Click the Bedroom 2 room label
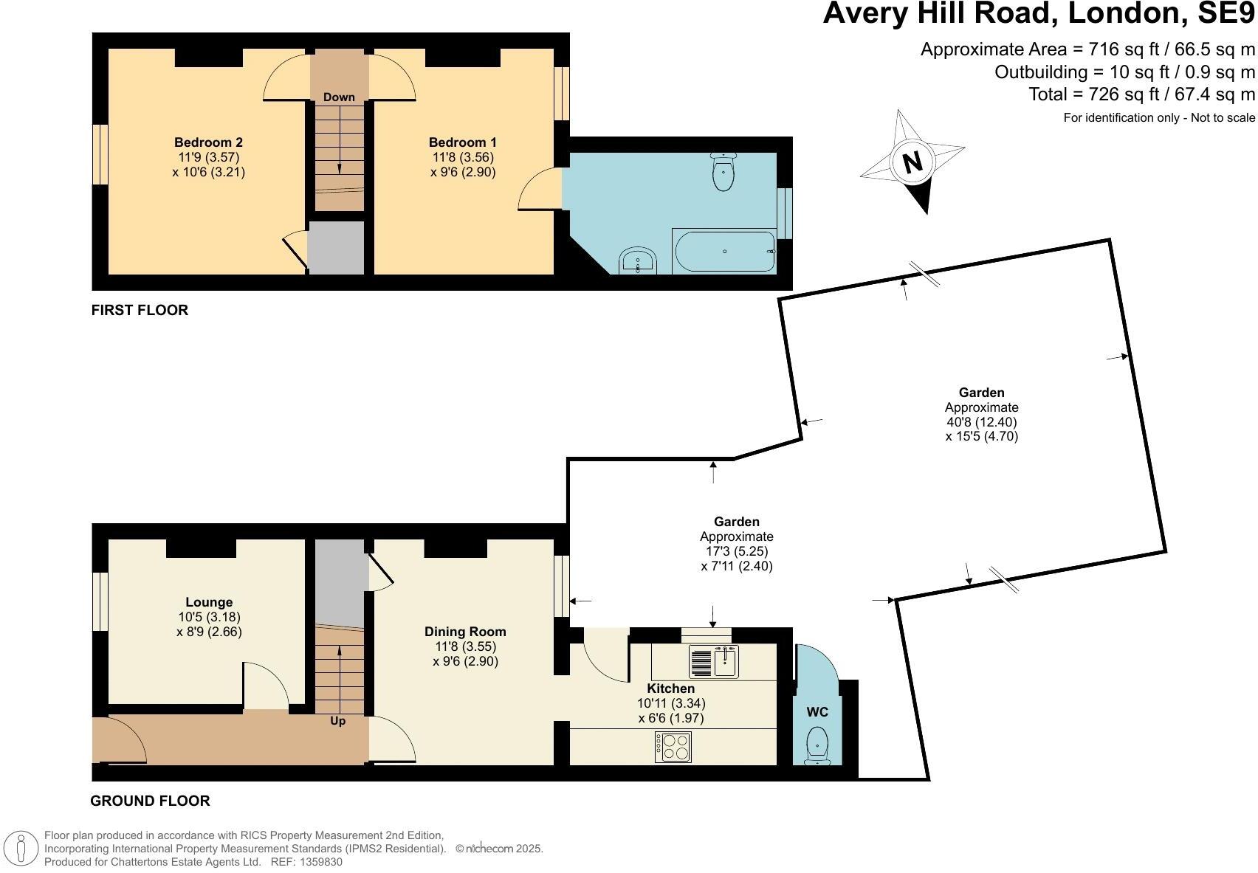pos(208,142)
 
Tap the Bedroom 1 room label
pos(463,142)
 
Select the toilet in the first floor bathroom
pos(723,171)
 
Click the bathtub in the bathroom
pos(724,252)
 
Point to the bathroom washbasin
pos(638,260)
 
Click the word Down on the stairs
pos(339,97)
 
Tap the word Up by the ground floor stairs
pos(337,721)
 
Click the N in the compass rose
pos(912,162)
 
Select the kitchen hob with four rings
pos(673,747)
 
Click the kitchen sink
pos(714,662)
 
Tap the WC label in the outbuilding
pos(817,712)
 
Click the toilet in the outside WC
pos(817,745)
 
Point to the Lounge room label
pos(209,602)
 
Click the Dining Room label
pos(465,632)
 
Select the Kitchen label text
pos(670,689)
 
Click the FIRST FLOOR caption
pos(140,311)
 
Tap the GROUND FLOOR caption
pos(150,801)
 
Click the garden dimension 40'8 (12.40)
pos(981,422)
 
